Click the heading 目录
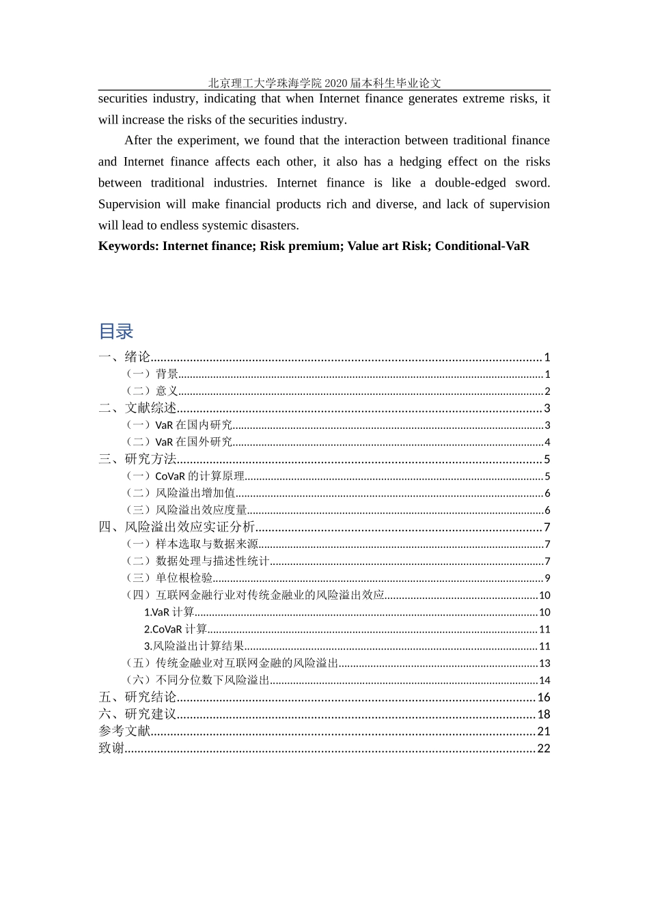coord(115,331)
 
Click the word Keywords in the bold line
coord(127,246)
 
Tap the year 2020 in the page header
coord(336,83)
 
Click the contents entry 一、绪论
coord(124,357)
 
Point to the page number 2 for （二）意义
coord(547,391)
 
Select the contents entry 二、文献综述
coord(137,408)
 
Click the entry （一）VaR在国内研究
coord(179,426)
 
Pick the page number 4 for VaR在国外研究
coord(547,443)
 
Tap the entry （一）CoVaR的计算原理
coord(185,476)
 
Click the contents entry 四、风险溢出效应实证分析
coord(177,527)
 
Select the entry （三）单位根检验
coord(169,578)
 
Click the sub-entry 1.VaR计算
coord(169,612)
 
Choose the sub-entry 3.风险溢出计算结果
coord(194,646)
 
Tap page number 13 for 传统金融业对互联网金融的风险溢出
coord(544,663)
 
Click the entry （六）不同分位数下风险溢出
coord(197,680)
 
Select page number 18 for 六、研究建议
coord(544,714)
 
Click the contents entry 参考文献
coord(124,731)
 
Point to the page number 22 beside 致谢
coord(544,749)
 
